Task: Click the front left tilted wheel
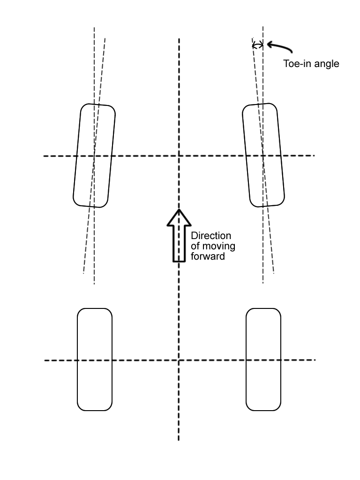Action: (x=94, y=156)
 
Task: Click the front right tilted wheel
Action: (x=263, y=155)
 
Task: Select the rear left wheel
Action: (x=95, y=360)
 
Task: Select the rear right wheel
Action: (x=263, y=360)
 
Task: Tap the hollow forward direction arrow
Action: (x=179, y=237)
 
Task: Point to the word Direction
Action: (x=211, y=235)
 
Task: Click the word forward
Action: (x=208, y=256)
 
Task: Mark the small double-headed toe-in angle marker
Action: (x=257, y=45)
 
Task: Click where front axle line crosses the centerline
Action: (x=179, y=156)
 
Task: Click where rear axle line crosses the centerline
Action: (x=179, y=360)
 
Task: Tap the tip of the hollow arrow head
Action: (x=179, y=210)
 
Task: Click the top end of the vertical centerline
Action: (x=179, y=39)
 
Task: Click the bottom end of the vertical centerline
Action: (x=179, y=440)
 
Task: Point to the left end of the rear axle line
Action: (x=45, y=360)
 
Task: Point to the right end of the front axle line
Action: (x=314, y=155)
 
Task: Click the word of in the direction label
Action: (x=195, y=246)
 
